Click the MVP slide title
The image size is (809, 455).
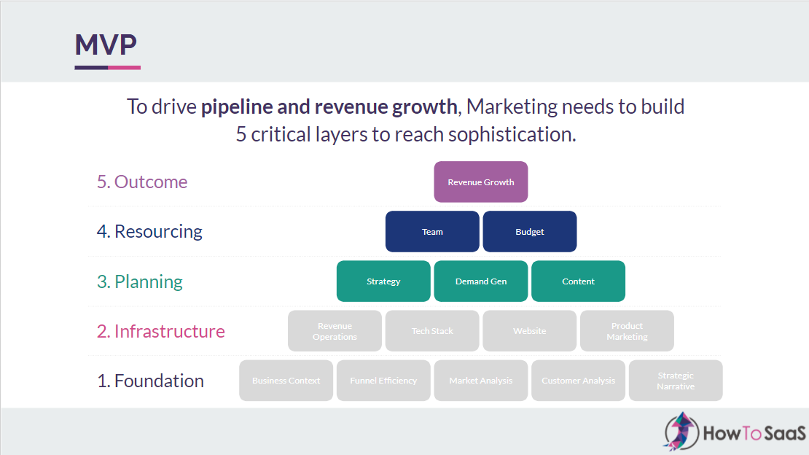[x=106, y=45]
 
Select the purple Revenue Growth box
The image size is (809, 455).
[x=481, y=182]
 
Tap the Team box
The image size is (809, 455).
[x=432, y=232]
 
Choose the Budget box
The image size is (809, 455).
[x=530, y=232]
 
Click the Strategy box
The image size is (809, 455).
[x=383, y=281]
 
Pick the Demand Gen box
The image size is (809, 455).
[x=481, y=281]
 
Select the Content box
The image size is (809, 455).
[x=579, y=281]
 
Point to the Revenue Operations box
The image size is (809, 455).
[x=335, y=331]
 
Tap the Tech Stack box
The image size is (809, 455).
[x=432, y=331]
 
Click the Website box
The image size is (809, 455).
[x=530, y=331]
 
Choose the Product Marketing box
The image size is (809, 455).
[x=627, y=331]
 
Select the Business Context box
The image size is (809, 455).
[x=286, y=381]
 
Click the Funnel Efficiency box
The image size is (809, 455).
[x=383, y=381]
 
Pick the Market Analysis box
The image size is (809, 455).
[x=481, y=381]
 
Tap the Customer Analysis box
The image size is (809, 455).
[x=579, y=381]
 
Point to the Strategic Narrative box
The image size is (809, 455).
[x=676, y=381]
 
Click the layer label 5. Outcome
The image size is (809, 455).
[x=142, y=182]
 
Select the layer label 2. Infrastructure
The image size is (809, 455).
[x=161, y=331]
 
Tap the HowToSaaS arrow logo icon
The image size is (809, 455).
[x=681, y=432]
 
